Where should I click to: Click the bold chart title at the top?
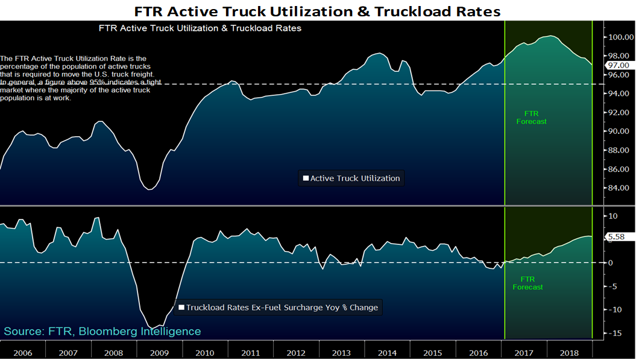318,10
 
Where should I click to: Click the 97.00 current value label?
619,65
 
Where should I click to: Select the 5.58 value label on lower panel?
616,237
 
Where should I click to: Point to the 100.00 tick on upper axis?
619,37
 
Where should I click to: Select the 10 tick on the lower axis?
612,216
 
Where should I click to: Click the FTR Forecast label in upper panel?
531,117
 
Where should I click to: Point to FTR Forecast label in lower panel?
527,283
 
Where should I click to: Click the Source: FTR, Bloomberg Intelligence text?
102,332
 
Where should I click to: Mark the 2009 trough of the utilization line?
150,190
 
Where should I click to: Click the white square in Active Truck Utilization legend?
306,178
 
